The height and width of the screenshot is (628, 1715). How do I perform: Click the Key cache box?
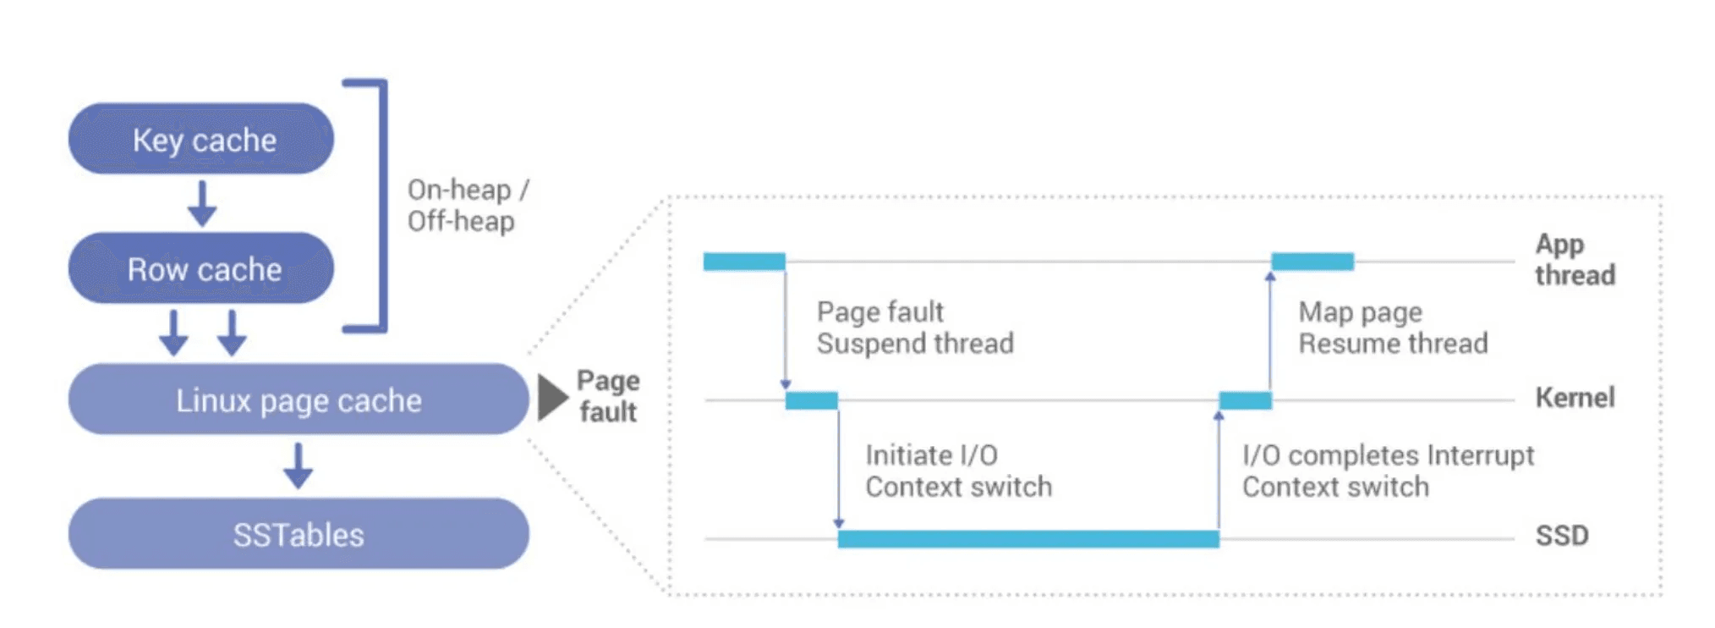201,140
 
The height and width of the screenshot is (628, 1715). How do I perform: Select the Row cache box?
201,268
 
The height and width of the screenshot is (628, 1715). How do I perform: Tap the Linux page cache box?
298,399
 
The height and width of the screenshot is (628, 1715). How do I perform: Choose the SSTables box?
298,534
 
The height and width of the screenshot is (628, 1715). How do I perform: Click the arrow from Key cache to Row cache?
201,203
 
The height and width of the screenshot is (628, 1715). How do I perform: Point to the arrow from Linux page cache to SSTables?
298,465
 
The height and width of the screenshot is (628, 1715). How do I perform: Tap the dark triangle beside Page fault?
552,397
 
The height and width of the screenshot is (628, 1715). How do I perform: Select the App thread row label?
1575,259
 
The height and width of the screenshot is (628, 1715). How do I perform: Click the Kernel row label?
1575,397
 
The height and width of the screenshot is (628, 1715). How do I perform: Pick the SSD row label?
1561,535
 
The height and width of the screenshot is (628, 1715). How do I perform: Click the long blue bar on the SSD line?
1027,538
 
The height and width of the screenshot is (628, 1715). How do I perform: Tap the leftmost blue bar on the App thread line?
743,262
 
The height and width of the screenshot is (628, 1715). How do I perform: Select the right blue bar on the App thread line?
1312,262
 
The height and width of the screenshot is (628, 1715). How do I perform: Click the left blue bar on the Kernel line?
811,400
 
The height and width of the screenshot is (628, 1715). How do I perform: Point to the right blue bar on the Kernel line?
1245,400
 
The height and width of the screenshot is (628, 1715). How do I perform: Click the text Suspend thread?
914,344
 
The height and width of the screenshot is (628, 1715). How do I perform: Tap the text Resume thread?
1392,344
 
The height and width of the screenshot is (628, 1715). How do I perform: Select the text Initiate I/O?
931,455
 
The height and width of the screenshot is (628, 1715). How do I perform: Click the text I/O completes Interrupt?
1387,455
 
